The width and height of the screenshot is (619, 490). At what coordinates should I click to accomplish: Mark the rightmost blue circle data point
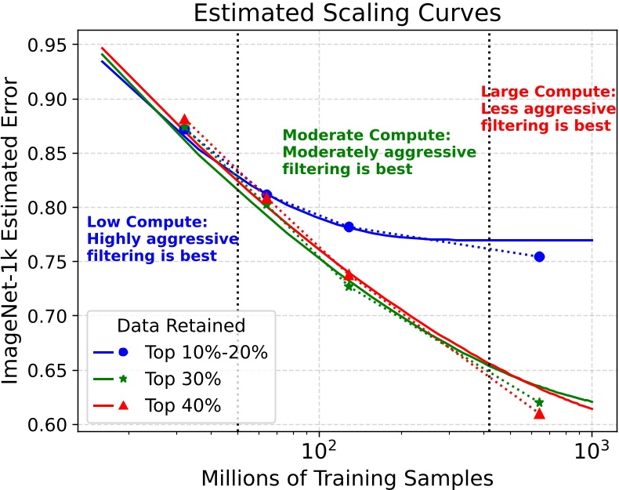(539, 256)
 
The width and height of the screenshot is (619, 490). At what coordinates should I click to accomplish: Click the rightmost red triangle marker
(539, 413)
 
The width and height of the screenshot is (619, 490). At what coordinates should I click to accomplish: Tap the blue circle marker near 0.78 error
(349, 227)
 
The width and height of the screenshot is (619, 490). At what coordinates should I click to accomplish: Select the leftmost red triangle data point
(184, 120)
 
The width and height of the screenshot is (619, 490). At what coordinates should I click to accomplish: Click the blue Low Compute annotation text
(161, 238)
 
